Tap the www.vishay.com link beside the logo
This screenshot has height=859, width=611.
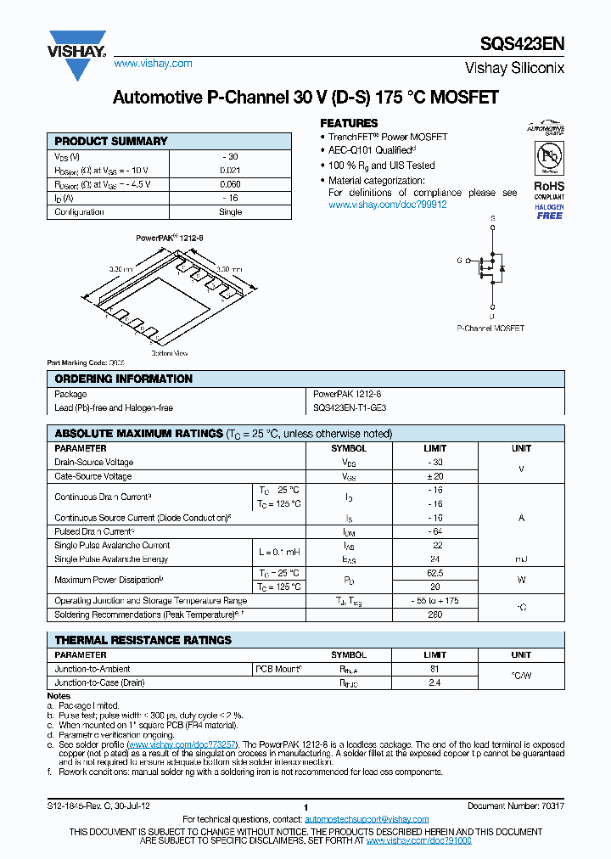(x=153, y=64)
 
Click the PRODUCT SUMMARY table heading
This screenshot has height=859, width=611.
(x=111, y=141)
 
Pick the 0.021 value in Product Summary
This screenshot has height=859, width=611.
(x=230, y=171)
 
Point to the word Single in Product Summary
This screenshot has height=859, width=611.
(x=230, y=211)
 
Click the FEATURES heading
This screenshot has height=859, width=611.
(x=349, y=123)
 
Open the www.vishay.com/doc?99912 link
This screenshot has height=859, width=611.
(x=387, y=205)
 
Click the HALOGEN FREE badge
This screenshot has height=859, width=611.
(x=549, y=211)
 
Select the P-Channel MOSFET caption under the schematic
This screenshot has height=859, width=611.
(x=490, y=328)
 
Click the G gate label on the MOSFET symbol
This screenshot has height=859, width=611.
(x=459, y=261)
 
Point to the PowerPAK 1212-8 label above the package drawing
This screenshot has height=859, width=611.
(x=170, y=239)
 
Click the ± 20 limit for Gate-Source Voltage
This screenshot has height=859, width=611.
(x=438, y=476)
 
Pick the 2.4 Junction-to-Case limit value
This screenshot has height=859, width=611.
(x=434, y=682)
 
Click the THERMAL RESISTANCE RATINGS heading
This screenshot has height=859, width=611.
(x=143, y=640)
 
